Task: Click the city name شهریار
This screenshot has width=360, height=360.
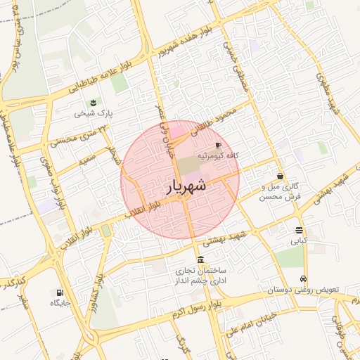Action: [x=187, y=186]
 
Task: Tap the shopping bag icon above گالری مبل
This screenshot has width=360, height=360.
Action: [x=281, y=176]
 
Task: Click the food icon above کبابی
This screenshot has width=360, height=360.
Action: [x=300, y=230]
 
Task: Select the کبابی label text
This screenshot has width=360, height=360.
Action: [x=300, y=240]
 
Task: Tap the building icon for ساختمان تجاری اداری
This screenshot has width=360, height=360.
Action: [x=201, y=259]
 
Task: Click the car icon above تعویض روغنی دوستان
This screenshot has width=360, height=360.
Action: [x=303, y=278]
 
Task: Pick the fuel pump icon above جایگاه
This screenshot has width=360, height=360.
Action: [x=58, y=292]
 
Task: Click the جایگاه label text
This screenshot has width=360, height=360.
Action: [x=60, y=303]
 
